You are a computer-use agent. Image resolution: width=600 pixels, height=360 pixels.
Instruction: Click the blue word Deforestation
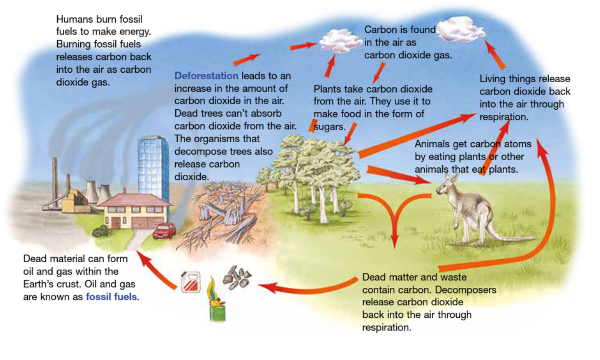(x=206, y=76)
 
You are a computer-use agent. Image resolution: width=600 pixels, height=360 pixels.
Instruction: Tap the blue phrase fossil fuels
(x=111, y=297)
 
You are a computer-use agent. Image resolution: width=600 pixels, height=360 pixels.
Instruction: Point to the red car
(x=164, y=231)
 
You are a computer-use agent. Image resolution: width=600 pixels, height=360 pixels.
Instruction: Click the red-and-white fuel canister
(x=191, y=282)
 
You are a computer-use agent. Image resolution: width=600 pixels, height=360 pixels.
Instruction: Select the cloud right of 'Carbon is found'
(x=460, y=29)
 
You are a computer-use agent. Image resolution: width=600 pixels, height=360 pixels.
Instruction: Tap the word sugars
(x=329, y=127)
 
